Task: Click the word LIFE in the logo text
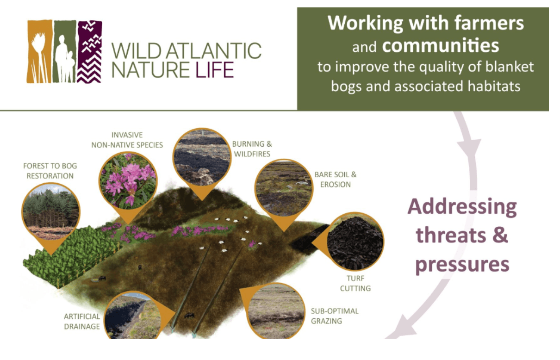215,70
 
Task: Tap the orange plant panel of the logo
39,51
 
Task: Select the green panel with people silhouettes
64,51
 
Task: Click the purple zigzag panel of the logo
89,51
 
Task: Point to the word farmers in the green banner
489,23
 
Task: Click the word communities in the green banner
441,45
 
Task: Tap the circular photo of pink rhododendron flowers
128,181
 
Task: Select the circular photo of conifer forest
51,211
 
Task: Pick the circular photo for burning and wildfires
202,157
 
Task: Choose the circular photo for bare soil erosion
284,188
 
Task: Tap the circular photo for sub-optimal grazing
276,311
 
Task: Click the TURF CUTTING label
355,283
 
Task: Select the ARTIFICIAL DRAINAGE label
82,322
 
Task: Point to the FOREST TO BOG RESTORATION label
50,171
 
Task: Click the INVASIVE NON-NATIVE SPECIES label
127,140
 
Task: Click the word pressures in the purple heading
462,265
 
